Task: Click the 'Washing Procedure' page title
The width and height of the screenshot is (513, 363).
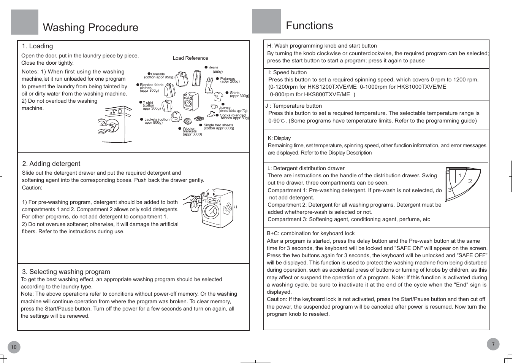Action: coord(90,27)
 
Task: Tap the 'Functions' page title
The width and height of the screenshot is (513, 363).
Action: coord(309,25)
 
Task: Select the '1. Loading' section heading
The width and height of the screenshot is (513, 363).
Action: coord(37,46)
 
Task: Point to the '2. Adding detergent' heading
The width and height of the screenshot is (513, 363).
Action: coord(51,164)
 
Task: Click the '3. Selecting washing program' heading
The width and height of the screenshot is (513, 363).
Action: coord(66,272)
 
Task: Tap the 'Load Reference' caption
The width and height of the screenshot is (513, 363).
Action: coord(190,58)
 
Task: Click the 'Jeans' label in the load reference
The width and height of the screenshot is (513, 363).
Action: coord(214,67)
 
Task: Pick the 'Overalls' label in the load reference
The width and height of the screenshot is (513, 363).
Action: coord(158,74)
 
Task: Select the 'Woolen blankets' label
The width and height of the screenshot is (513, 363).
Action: coord(189,130)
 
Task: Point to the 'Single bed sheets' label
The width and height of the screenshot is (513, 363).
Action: coord(218,125)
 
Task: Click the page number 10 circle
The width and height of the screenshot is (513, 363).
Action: coord(14,347)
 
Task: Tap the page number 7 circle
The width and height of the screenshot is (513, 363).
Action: coord(493,344)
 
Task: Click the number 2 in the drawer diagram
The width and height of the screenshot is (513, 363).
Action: coord(470,181)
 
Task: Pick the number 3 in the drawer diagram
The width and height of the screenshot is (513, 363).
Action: coord(450,190)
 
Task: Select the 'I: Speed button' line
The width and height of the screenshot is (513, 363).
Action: coord(287,72)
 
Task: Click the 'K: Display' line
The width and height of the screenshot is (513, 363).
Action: coord(279,138)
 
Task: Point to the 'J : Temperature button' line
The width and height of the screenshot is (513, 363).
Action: coord(293,106)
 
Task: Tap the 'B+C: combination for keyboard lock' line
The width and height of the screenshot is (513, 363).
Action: coord(310,233)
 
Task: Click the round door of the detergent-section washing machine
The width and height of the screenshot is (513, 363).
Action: coord(210,211)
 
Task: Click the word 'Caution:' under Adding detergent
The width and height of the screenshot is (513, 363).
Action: coord(32,188)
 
